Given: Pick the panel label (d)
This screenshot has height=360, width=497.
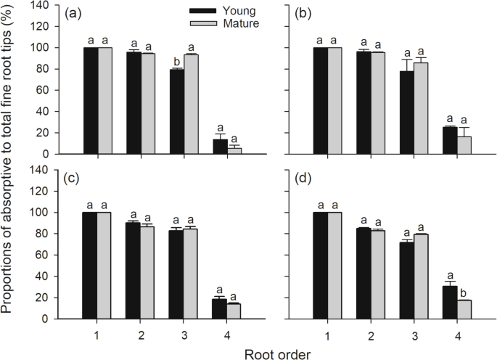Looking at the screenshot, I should [320, 179].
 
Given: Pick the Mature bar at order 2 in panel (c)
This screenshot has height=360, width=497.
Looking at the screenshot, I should [148, 272].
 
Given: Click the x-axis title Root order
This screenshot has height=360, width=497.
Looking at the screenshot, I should [279, 353].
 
